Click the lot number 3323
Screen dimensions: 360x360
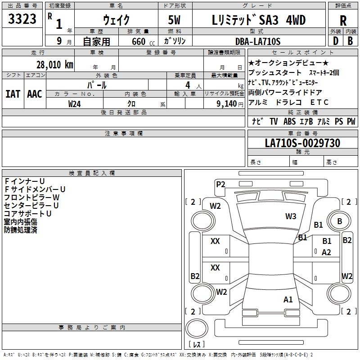[x=22, y=19]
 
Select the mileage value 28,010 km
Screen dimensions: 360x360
[x=55, y=65]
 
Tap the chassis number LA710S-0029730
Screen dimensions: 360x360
[x=302, y=143]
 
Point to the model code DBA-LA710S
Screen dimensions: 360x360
[x=258, y=41]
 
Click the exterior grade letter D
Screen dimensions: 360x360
[x=336, y=41]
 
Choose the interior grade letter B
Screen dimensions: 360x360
[x=350, y=41]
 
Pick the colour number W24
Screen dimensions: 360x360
[x=74, y=104]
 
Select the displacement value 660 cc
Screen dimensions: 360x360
[x=143, y=41]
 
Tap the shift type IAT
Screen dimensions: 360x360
[x=13, y=94]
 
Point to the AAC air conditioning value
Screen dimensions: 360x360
[x=35, y=94]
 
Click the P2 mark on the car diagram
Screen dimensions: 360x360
[x=220, y=184]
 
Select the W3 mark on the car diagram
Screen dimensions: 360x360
[x=291, y=216]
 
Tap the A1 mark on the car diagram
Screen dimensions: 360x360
[x=288, y=299]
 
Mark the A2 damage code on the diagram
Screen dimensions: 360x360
[x=326, y=252]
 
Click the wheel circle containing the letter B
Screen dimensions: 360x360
[x=339, y=221]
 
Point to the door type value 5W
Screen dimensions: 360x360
[x=174, y=20]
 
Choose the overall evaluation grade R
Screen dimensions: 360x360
[x=343, y=21]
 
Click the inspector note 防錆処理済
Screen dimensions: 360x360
[x=20, y=230]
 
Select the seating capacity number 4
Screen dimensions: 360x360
[x=188, y=85]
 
